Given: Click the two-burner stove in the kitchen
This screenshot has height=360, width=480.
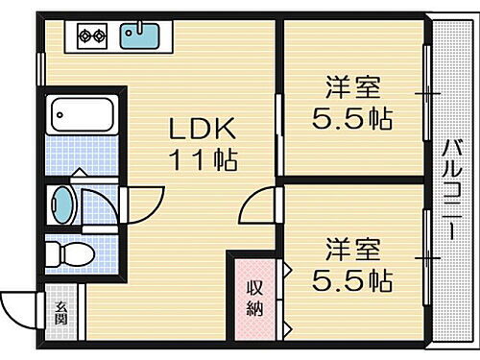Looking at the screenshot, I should tap(91, 37).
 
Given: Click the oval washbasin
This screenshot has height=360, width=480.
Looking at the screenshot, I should tap(62, 204).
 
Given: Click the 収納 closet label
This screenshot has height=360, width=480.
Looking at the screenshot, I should tap(253, 300).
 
